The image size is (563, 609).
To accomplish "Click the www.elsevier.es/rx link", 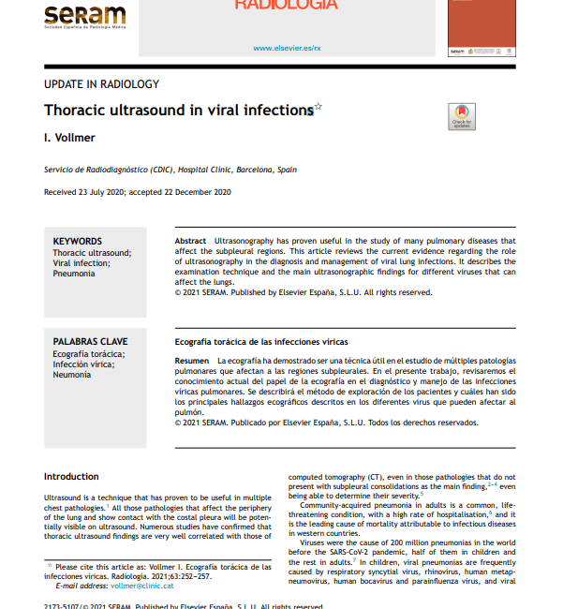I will point(287,47).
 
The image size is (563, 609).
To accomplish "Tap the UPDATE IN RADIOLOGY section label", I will point(101,84).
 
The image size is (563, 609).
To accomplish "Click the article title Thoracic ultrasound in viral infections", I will point(178,111).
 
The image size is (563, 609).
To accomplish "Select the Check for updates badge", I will point(462,115).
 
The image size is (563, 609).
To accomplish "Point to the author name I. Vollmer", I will point(69,138).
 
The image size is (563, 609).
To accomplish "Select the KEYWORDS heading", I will point(78,242).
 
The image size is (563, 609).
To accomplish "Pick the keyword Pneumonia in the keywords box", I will point(74,274).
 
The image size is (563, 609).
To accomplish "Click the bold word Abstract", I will point(191,242).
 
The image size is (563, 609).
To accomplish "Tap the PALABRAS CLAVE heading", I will point(90,342).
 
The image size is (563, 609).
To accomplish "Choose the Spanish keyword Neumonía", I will point(73,374).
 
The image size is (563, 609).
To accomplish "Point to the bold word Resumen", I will point(192,361).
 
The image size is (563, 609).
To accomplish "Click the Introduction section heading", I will point(71,477).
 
